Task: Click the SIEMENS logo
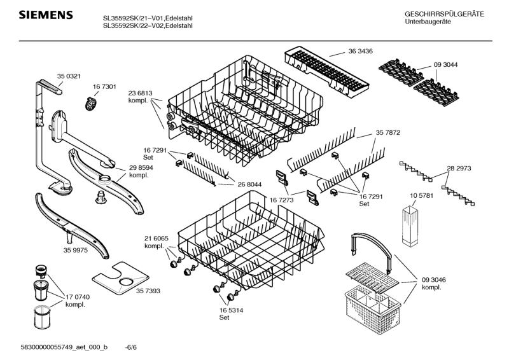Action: coord(46,15)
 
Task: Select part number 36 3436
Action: coord(360,51)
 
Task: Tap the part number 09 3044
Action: coord(446,65)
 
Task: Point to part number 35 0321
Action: coord(69,76)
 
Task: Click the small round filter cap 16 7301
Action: coord(91,104)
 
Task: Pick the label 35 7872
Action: coord(388,132)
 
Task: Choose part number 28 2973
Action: coord(459,168)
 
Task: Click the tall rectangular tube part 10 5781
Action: coord(410,225)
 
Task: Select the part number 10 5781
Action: coord(421,195)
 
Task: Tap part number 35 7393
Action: coord(148,291)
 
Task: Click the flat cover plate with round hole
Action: coord(120,278)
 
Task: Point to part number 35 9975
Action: coord(75,250)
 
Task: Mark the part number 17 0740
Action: coord(78,297)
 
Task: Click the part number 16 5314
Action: coord(231,310)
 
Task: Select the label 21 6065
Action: coord(157,239)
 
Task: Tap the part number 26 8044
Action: coord(249,184)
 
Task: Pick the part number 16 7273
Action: coord(281,200)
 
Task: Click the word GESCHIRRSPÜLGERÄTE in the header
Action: coord(444,14)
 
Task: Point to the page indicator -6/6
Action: coord(131,347)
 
